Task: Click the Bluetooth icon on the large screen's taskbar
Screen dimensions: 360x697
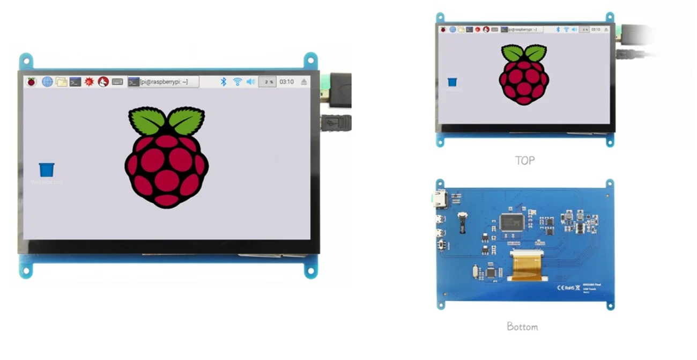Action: [224, 82]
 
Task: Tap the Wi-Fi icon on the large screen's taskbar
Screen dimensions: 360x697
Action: [237, 82]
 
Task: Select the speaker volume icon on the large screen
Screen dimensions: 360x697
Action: [250, 82]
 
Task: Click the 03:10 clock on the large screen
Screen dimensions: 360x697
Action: [287, 82]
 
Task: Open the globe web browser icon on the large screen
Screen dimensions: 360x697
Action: [47, 82]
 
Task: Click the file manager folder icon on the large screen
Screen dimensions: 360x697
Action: [61, 82]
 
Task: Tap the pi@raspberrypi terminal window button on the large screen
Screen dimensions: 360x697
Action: [163, 82]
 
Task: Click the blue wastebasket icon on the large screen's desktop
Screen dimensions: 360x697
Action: [47, 170]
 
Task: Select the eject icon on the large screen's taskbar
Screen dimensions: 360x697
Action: [304, 82]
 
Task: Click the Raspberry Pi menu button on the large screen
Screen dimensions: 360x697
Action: [32, 82]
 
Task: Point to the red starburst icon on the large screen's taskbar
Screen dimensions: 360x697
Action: [89, 82]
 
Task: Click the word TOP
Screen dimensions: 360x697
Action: [524, 160]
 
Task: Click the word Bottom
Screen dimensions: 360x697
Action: [522, 326]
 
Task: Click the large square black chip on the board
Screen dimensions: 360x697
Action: [512, 222]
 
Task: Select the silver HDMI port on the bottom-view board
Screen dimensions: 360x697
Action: [440, 200]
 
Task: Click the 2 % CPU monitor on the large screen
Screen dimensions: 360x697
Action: [268, 82]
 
